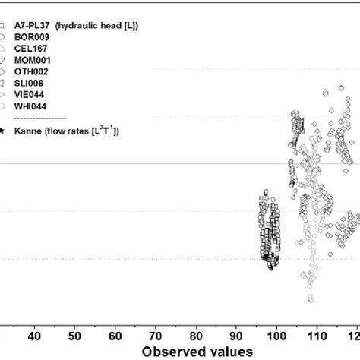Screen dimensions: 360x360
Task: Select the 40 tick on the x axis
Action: click(x=34, y=335)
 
